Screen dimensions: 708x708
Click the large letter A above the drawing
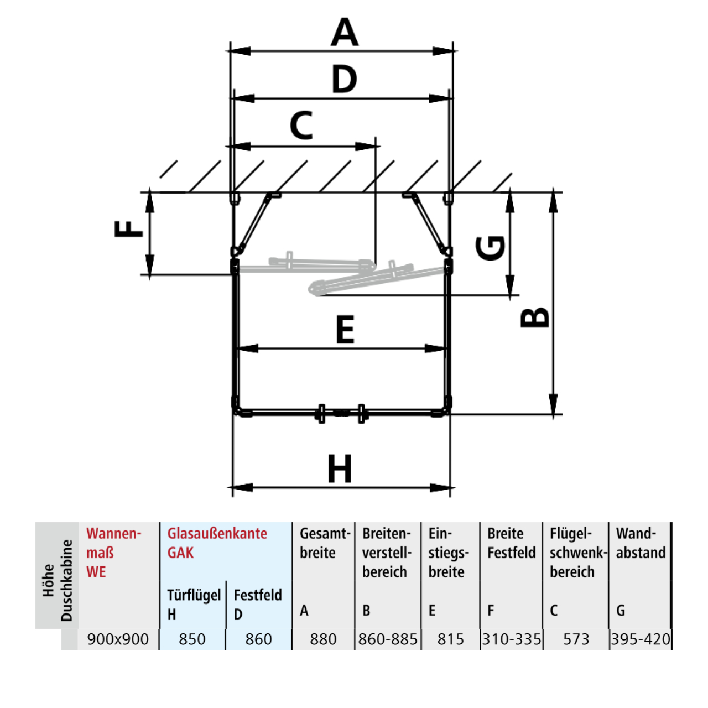pos(344,32)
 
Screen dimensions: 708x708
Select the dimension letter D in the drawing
pos(344,79)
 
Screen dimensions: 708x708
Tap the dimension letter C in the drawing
pos(301,126)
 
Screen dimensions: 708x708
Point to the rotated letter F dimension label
pos(128,228)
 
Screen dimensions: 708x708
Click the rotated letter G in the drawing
pos(490,248)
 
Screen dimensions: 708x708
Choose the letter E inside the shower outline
pos(345,329)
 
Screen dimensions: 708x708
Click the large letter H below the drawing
pos(340,468)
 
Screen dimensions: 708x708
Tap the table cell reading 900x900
pos(118,639)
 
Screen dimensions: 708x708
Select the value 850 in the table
pos(192,639)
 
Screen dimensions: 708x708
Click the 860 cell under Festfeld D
pos(258,639)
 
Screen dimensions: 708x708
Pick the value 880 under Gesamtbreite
pos(323,639)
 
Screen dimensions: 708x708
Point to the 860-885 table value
pos(388,639)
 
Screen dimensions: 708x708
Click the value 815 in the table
pos(450,639)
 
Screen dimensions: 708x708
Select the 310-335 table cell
pos(512,639)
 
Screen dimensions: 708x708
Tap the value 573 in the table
pos(576,639)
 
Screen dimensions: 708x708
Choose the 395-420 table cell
pos(641,639)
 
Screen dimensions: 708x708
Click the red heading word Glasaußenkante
pos(217,533)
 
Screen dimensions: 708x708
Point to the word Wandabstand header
pos(641,543)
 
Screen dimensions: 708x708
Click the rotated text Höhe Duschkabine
pos(58,581)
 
